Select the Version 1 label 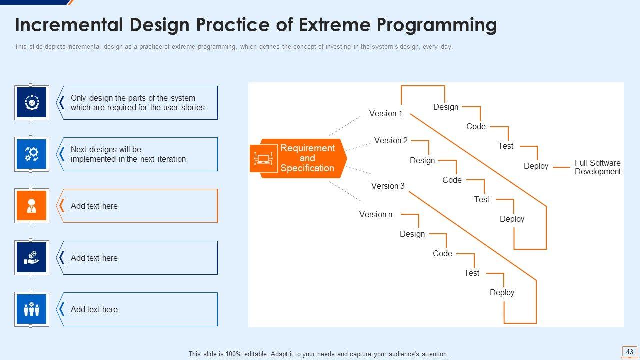tap(385, 114)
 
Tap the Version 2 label tap(391, 141)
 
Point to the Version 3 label tap(388, 186)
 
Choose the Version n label tap(376, 215)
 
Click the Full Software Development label tap(597, 167)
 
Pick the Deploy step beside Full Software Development tap(536, 166)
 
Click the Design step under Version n tap(412, 234)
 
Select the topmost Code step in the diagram tap(476, 127)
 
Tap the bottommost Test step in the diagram tap(471, 273)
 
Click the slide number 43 tap(629, 352)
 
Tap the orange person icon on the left tap(32, 206)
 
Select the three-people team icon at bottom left tap(32, 309)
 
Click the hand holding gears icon tap(32, 258)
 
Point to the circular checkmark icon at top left tap(32, 103)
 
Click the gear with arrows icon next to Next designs tap(32, 154)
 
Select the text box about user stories tap(138, 103)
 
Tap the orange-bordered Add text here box tap(138, 206)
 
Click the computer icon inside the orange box tap(263, 159)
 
